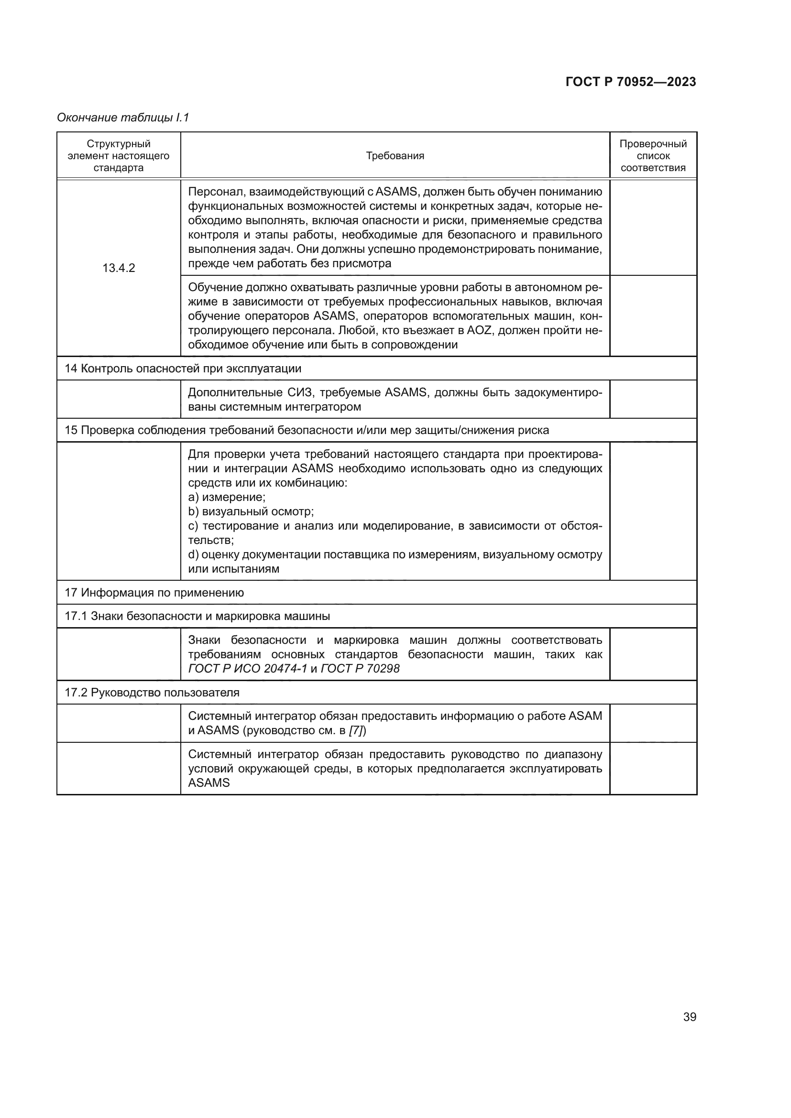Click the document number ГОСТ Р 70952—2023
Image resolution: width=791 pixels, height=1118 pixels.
630,82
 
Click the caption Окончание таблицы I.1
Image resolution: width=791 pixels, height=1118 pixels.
123,118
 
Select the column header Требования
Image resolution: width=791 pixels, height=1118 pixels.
395,156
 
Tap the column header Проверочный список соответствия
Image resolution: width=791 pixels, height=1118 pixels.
653,156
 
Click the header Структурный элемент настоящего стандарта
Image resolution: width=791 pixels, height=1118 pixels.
118,156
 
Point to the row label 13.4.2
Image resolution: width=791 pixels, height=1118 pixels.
118,268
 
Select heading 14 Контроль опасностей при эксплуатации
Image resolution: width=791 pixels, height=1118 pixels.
183,369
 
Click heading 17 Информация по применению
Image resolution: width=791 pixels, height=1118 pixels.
154,593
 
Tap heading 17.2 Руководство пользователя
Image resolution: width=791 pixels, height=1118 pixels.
152,693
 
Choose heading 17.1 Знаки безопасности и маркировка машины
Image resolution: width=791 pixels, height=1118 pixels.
197,616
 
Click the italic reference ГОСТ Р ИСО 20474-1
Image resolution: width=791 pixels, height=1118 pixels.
247,669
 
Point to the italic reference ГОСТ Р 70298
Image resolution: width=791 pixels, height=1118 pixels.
361,669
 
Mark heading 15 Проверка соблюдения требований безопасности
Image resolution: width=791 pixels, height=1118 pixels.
307,431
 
